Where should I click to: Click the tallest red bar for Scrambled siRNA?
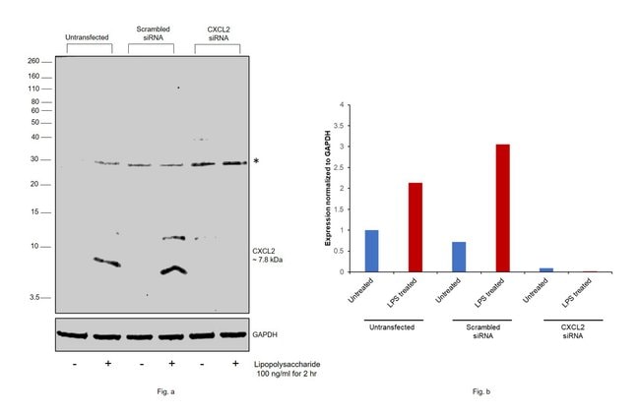point(501,207)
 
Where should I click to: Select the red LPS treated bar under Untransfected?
point(415,227)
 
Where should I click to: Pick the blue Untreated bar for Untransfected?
point(370,251)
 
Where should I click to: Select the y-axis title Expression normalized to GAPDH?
point(328,188)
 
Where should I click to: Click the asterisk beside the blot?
point(256,161)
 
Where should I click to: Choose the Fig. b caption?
point(480,391)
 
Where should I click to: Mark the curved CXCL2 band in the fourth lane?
point(173,269)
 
